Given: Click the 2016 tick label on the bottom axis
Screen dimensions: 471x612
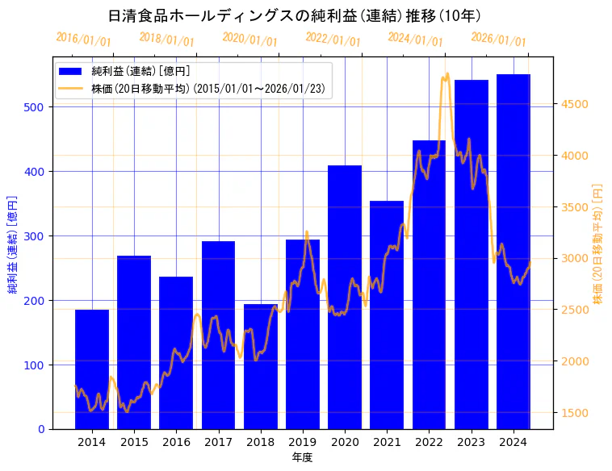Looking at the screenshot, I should coord(176,442).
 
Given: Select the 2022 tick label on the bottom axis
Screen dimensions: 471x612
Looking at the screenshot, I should coord(429,442).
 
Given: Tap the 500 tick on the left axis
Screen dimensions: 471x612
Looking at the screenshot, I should coord(36,107).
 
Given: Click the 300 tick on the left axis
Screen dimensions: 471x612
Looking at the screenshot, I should coord(36,236).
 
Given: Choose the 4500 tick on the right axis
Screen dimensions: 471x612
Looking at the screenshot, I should coord(576,104).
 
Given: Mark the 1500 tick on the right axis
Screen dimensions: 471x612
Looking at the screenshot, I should coord(576,413).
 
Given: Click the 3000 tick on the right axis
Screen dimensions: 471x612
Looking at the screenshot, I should coord(576,258).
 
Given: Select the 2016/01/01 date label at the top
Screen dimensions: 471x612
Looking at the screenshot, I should coord(84,40).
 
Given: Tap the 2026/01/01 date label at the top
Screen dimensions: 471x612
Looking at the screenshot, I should coord(498,40).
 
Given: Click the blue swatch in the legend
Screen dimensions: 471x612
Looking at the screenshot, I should coord(73,72).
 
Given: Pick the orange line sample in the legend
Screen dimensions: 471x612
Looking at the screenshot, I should coord(73,89).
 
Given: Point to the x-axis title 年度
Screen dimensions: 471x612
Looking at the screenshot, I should coord(302,457).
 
